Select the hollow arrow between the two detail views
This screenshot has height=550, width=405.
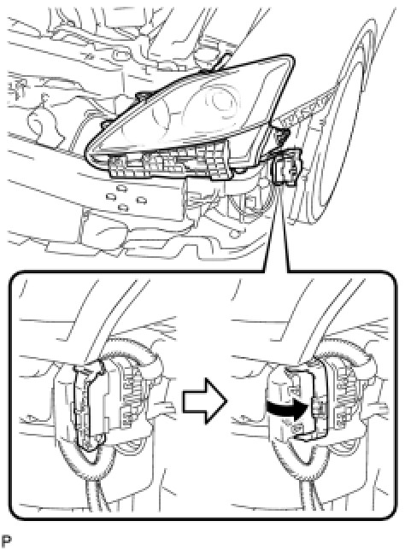pos(204,401)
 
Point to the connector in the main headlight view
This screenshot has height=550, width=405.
pos(286,167)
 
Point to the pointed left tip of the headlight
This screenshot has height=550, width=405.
pos(87,153)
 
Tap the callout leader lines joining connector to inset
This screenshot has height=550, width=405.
pos(277,228)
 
